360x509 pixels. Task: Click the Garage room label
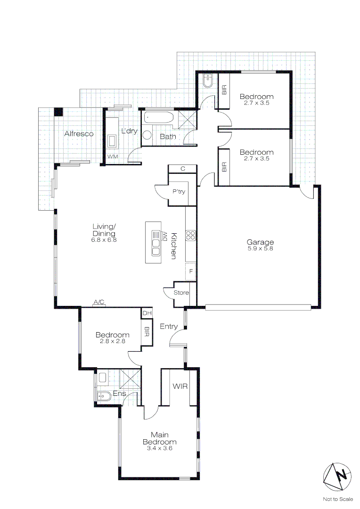(260, 242)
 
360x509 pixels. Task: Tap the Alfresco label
(79, 134)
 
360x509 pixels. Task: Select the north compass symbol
(337, 476)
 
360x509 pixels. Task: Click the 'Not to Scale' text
(337, 499)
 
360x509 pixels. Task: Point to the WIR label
(180, 386)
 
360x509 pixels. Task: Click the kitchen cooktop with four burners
(191, 235)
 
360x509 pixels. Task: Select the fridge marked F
(191, 271)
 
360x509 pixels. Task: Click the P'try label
(179, 192)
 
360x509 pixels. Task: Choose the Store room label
(181, 293)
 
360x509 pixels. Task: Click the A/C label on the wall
(99, 302)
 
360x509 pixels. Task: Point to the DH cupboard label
(147, 313)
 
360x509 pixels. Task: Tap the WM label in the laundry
(112, 156)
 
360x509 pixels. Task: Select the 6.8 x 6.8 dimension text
(104, 239)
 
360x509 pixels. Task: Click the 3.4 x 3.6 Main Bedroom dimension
(160, 448)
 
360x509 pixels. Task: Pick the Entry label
(169, 326)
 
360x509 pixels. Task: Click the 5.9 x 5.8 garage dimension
(260, 248)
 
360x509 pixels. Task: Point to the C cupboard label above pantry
(182, 169)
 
